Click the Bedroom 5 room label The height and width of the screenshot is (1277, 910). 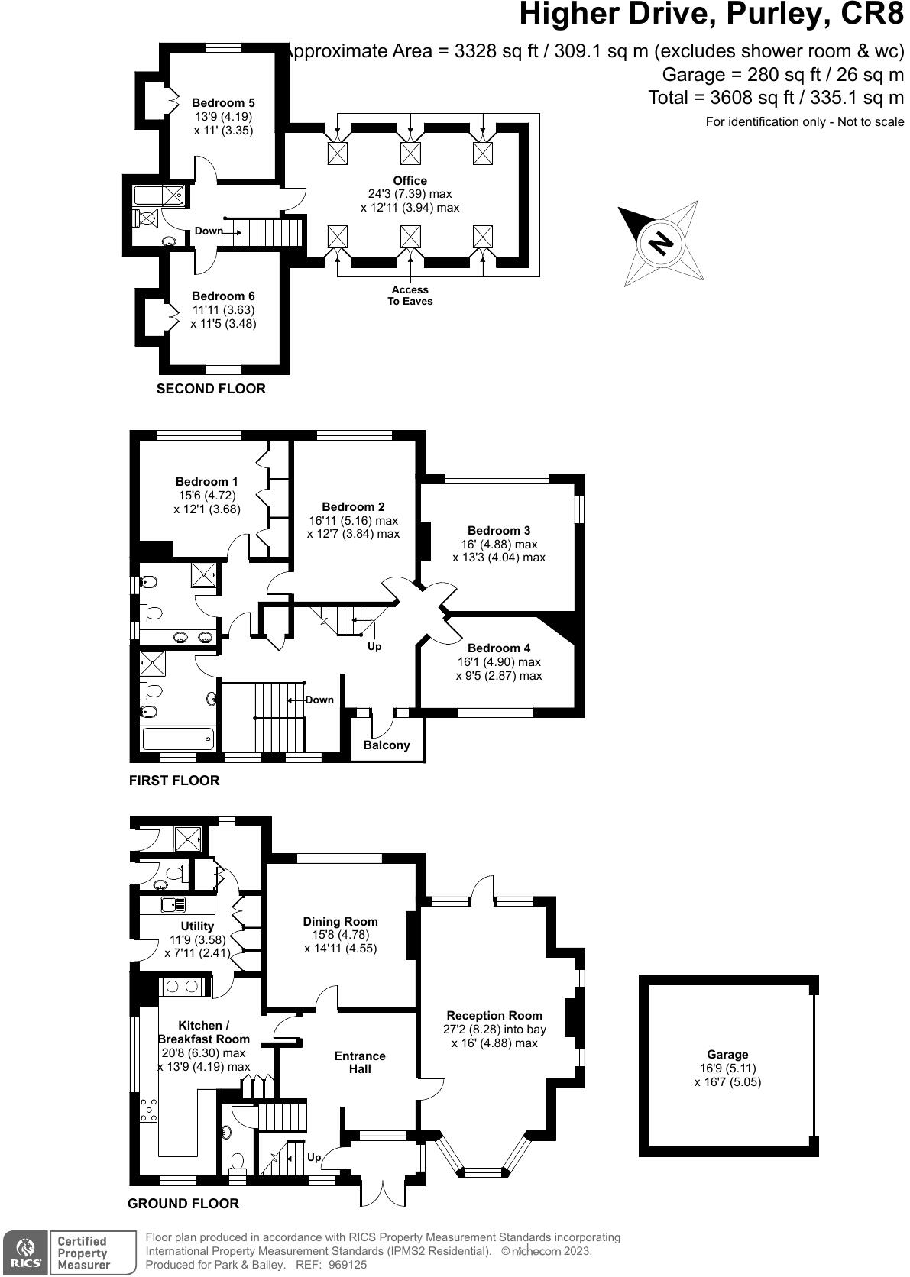coord(223,103)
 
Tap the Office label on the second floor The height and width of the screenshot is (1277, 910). coord(410,181)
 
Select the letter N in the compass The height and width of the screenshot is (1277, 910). coord(662,243)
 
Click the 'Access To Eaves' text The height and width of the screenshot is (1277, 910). coord(410,296)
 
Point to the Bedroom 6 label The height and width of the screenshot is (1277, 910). coord(223,296)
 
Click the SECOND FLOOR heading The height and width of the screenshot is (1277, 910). coord(211,389)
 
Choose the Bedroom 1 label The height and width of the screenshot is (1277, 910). coord(206,482)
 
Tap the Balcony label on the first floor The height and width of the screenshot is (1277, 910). coord(387,745)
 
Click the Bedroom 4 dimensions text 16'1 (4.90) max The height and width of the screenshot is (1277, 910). coord(499,662)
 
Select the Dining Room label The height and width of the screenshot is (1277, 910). coord(341,921)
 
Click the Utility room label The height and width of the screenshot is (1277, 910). coord(197,926)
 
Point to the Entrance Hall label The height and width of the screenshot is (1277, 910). coord(360,1062)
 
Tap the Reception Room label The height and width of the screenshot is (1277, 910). coord(494,1015)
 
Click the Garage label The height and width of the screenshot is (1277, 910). coord(727,1055)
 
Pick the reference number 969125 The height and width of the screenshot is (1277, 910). coord(346,1265)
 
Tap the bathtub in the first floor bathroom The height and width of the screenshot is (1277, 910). coord(179,739)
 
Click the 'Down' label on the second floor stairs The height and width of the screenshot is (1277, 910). coord(209,231)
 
